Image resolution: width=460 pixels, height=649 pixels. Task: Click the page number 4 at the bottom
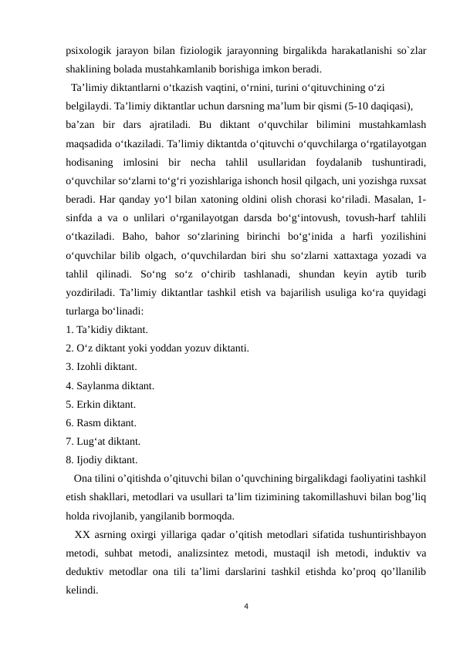tap(245, 607)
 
